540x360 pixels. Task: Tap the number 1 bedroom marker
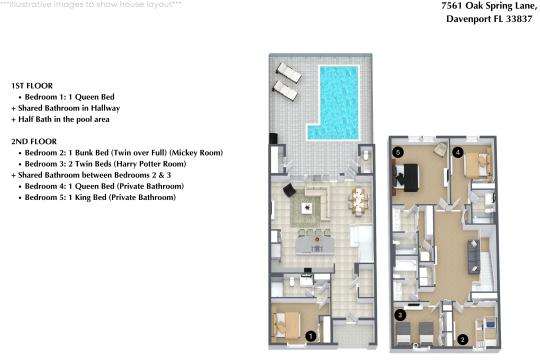311,337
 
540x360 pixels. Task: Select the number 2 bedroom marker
462,338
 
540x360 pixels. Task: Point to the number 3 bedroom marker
399,315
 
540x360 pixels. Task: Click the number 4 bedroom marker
457,152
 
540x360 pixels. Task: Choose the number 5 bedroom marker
398,152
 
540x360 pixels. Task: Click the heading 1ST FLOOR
32,86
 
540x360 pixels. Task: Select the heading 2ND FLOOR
33,141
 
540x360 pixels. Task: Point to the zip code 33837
514,19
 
